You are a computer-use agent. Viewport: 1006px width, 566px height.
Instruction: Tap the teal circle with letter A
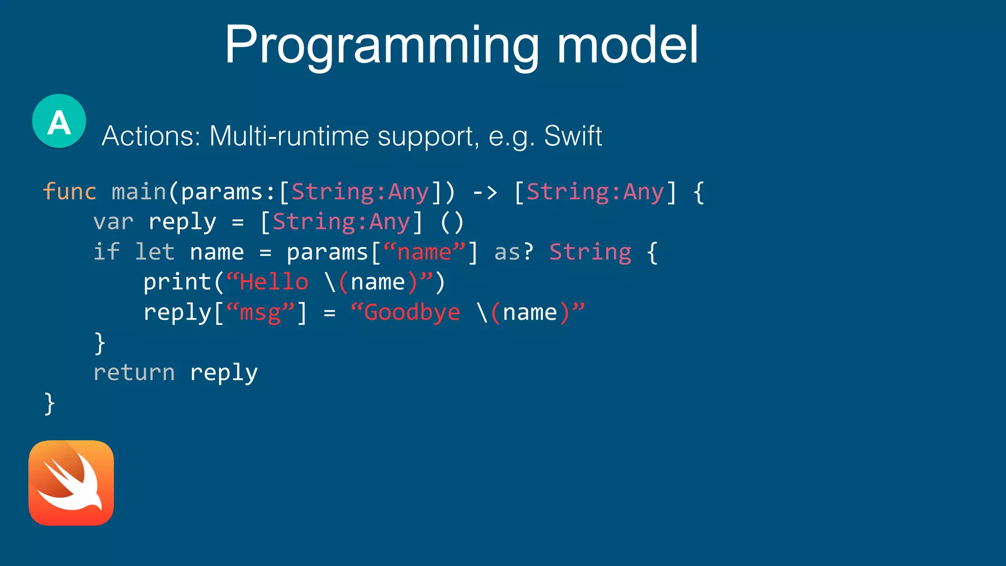tap(59, 121)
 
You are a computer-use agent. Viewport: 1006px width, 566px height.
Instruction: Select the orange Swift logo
tap(71, 483)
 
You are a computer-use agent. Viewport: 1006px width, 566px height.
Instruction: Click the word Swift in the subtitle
tap(573, 136)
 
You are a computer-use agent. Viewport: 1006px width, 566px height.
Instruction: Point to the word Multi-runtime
tap(289, 136)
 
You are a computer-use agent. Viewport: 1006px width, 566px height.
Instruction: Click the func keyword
tap(69, 192)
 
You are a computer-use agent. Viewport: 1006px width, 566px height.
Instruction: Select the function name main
tap(139, 192)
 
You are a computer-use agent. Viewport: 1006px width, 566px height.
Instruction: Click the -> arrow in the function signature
tap(485, 192)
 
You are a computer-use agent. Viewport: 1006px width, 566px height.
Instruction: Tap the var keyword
tap(113, 222)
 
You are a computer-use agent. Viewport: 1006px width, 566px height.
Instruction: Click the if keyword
tap(107, 252)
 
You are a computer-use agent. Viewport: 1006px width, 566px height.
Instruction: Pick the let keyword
tap(155, 252)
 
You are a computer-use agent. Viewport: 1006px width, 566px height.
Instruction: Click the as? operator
tap(514, 252)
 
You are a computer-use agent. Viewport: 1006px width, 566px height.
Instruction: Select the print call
tap(177, 283)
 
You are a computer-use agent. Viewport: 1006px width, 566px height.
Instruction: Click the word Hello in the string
tap(274, 283)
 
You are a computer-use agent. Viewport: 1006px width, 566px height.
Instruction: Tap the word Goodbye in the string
tap(412, 312)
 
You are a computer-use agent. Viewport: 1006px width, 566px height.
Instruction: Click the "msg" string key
tap(260, 312)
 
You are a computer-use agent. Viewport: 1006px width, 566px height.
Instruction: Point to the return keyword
tap(134, 372)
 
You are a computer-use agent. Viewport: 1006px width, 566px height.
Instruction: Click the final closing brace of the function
tap(49, 403)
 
